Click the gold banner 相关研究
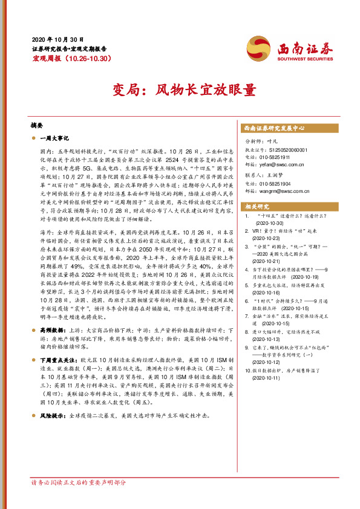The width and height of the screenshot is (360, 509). click(257, 206)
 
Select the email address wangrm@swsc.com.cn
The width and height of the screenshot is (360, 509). click(285, 192)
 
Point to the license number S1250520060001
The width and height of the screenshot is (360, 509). click(286, 149)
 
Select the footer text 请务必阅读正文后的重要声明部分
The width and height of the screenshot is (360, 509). click(79, 483)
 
